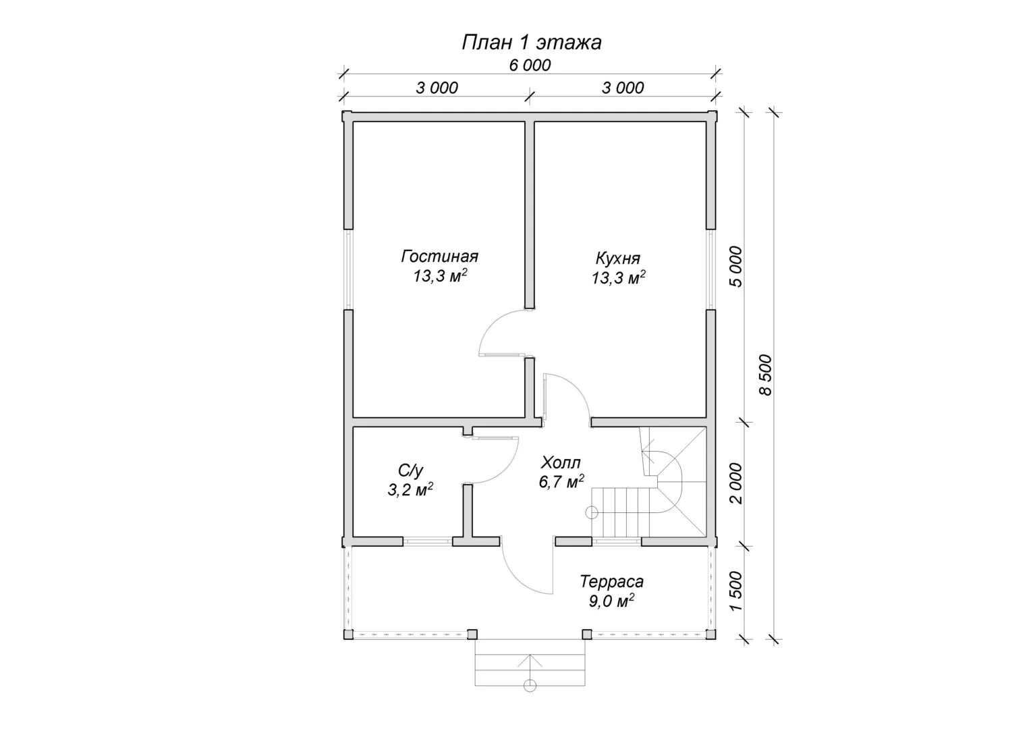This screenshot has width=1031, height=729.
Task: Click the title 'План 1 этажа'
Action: [x=532, y=43]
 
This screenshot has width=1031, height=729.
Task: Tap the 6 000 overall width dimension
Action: [x=530, y=65]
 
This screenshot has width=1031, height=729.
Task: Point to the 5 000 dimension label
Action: [x=736, y=267]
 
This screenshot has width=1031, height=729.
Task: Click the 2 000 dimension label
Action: [x=736, y=483]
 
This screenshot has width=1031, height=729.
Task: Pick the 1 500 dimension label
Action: [x=736, y=591]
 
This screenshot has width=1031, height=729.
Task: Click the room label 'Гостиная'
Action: [x=439, y=256]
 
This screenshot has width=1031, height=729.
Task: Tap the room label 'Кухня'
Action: [x=617, y=259]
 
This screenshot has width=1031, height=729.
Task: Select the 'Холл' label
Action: [x=561, y=462]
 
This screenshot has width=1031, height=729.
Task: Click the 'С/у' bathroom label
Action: [x=410, y=470]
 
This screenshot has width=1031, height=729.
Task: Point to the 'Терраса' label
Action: [x=611, y=582]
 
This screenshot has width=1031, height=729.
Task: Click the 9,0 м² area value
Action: [x=611, y=601]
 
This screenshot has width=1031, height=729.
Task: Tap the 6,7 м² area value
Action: [x=561, y=481]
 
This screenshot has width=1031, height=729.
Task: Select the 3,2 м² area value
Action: [x=410, y=489]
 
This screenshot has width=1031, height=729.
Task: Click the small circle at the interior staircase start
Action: [x=591, y=512]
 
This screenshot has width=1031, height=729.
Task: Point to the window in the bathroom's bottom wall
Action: [x=428, y=541]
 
